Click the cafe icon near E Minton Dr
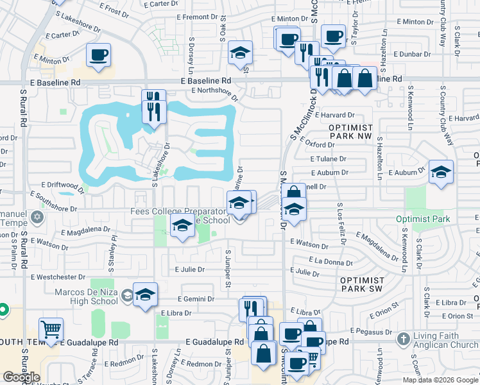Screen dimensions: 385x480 tap(98, 55)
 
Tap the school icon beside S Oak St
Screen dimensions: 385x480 tap(241, 53)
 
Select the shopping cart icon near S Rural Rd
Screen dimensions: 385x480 tap(51, 330)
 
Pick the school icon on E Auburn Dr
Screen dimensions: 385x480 tap(441, 172)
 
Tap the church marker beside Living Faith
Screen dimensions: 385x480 tap(403, 338)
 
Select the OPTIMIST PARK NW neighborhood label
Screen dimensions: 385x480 tap(350, 132)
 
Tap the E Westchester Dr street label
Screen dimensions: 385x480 tap(58, 277)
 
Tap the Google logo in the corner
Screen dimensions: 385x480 tap(21, 377)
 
